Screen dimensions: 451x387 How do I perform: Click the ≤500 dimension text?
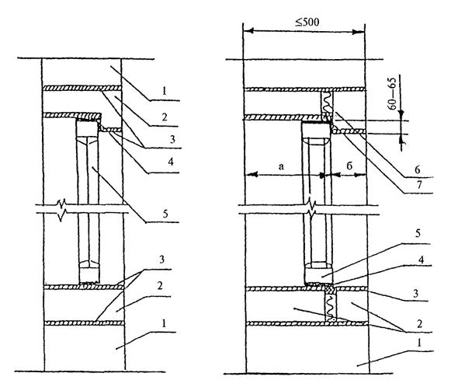(307, 23)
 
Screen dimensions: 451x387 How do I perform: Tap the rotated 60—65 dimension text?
(392, 93)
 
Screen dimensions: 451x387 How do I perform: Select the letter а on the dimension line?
(281, 166)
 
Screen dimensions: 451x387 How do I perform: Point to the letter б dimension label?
(349, 166)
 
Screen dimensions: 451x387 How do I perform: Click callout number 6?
(418, 169)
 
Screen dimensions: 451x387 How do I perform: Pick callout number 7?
(419, 185)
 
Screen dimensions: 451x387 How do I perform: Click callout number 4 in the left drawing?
(171, 162)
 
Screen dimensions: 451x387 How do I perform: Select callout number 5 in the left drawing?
(165, 214)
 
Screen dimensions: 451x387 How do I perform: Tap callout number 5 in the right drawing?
(418, 233)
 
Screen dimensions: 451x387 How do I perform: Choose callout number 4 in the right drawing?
(421, 260)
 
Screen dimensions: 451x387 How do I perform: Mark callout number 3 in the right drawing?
(415, 294)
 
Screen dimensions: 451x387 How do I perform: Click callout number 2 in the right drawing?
(419, 323)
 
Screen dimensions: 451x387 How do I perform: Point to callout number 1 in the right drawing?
(419, 343)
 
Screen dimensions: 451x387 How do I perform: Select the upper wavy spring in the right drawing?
(328, 103)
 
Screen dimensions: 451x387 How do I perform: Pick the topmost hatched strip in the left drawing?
(82, 88)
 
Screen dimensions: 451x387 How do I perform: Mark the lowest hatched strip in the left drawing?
(85, 323)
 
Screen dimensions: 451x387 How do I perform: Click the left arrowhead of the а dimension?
(251, 174)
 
